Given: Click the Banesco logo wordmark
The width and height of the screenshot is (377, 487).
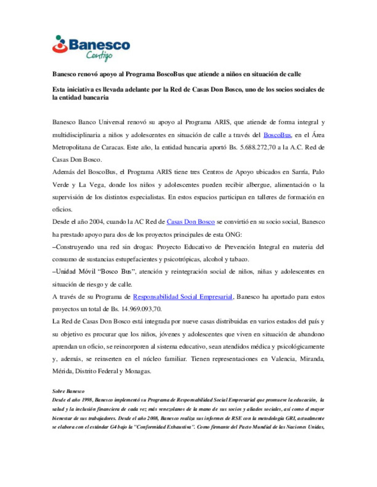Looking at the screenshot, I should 99,45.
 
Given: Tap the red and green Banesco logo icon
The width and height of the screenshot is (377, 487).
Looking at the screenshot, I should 60,44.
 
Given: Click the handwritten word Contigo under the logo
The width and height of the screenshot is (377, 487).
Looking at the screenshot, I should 99,56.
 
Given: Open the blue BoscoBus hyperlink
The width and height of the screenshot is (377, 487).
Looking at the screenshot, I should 277,135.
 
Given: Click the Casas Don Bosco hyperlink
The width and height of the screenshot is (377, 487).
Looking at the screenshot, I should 191,222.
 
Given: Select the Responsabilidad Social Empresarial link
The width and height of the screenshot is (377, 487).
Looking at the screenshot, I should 183,297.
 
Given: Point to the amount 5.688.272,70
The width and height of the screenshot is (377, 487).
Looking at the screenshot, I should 258,147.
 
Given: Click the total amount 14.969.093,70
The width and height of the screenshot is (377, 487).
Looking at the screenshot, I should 141,309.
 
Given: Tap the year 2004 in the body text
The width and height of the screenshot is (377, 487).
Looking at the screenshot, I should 96,222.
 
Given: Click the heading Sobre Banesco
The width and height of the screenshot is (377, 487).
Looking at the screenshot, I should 68,391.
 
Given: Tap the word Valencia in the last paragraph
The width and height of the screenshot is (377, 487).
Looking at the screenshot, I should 283,359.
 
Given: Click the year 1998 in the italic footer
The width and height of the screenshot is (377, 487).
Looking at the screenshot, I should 87,400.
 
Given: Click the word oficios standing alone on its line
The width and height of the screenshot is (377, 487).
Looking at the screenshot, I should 62,209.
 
